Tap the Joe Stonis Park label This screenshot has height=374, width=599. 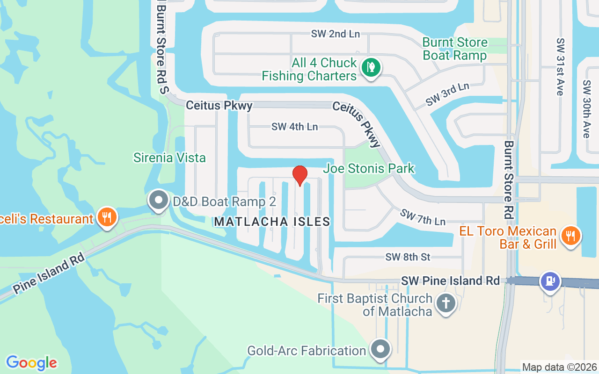[x=370, y=168]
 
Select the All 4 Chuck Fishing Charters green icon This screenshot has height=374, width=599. [x=371, y=67]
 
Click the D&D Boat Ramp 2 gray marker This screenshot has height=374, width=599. [x=159, y=201]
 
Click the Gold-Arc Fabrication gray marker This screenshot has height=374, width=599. [x=381, y=349]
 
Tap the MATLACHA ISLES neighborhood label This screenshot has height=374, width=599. [x=272, y=222]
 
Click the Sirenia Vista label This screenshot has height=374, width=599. [x=169, y=158]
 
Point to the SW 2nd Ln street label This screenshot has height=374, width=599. [x=335, y=34]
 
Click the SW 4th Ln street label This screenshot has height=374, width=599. [x=295, y=126]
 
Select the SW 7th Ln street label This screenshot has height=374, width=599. [x=422, y=216]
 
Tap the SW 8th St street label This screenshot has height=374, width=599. [x=408, y=257]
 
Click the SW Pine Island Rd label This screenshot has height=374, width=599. [x=451, y=281]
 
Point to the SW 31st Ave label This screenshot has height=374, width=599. [x=560, y=67]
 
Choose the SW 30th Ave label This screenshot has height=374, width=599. [x=586, y=109]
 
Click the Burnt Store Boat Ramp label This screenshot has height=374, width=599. [x=455, y=49]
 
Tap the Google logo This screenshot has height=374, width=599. [x=31, y=363]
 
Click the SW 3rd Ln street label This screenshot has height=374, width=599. [x=447, y=94]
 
